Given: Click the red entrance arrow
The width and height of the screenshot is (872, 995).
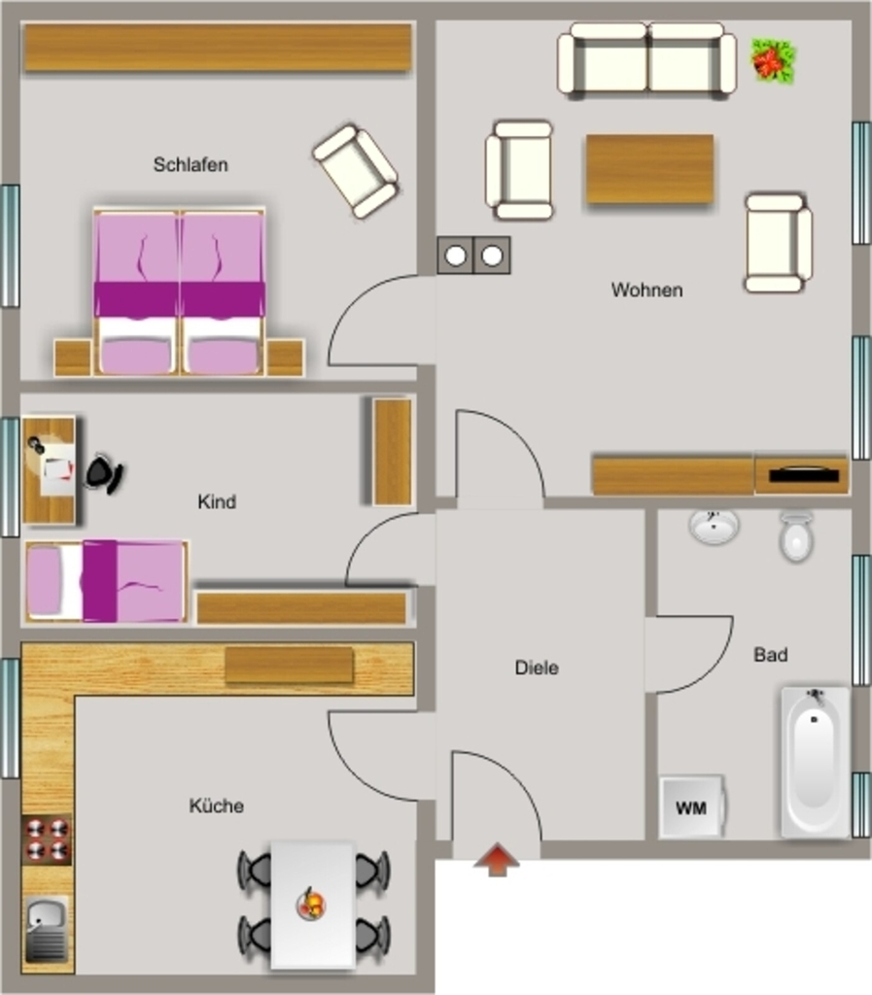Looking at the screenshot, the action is click(x=497, y=859).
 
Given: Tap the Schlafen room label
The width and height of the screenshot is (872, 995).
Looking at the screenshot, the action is click(x=191, y=165).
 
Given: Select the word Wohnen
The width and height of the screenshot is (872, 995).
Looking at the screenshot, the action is click(x=646, y=290).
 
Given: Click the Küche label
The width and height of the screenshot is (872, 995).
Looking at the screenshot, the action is click(x=217, y=806).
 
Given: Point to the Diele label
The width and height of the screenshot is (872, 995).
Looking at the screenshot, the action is click(x=537, y=668).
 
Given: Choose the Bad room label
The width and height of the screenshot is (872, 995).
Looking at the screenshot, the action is click(x=771, y=654).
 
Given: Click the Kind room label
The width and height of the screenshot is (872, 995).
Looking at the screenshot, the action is click(x=217, y=502).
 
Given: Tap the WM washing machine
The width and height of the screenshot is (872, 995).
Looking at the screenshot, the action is click(x=692, y=806).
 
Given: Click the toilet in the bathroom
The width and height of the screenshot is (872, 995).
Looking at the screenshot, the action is click(x=796, y=536).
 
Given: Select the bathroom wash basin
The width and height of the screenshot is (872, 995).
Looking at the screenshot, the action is click(x=714, y=526).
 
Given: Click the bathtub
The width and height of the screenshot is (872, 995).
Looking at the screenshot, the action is click(x=815, y=762).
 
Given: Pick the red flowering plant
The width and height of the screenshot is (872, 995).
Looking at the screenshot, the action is click(x=773, y=60).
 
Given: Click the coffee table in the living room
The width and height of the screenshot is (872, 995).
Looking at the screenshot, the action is click(x=649, y=169).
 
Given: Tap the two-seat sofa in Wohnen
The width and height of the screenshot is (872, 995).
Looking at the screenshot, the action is click(x=646, y=61).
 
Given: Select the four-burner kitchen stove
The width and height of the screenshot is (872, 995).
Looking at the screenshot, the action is click(x=47, y=839).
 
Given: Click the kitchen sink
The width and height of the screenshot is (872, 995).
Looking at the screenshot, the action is click(x=47, y=929).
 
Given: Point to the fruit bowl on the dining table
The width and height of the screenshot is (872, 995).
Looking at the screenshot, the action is click(x=311, y=903).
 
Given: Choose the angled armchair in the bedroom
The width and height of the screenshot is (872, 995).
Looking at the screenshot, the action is click(x=356, y=171).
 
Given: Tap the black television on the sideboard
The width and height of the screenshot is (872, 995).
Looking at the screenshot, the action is click(x=803, y=474).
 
